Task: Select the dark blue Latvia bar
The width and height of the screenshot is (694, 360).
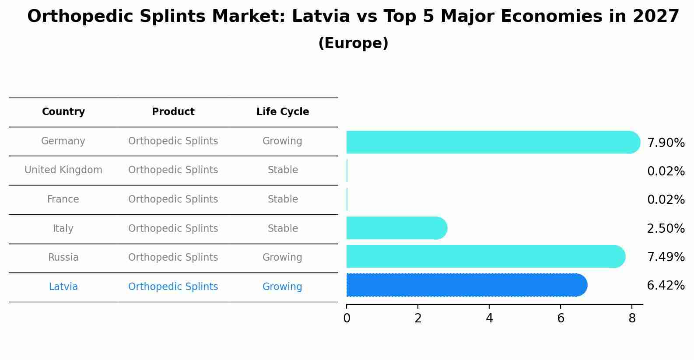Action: point(464,285)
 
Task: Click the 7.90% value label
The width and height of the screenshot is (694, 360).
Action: point(666,143)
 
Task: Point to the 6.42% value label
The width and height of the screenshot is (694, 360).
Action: point(666,286)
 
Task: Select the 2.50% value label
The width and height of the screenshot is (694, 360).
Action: point(666,229)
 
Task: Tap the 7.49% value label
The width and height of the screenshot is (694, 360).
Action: point(666,257)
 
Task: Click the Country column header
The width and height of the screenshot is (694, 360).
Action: point(63,112)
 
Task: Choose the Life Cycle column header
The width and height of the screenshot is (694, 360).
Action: point(283,112)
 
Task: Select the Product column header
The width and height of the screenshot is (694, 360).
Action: point(173,112)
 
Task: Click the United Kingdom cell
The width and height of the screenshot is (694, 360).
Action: point(63,170)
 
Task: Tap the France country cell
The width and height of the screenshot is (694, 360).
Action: point(63,199)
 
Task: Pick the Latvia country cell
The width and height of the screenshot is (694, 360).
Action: point(63,287)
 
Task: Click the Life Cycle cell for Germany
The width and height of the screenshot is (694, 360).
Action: point(282,141)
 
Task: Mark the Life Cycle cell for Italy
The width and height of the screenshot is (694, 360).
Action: point(283,229)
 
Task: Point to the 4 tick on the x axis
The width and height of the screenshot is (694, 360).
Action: point(489,318)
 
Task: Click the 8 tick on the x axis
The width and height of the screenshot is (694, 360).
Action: point(632,318)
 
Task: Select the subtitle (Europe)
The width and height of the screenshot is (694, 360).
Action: point(353,43)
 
